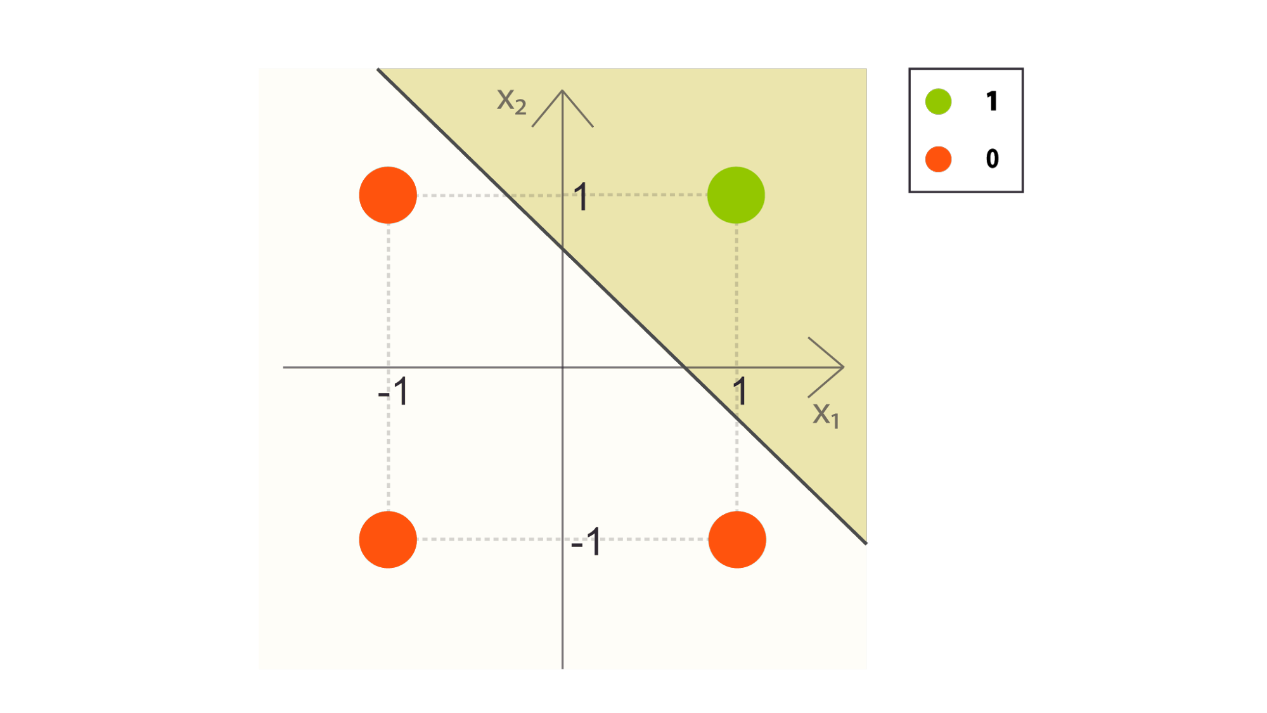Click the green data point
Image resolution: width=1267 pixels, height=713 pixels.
pyautogui.click(x=736, y=195)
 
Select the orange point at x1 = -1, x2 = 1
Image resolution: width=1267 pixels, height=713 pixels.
pyautogui.click(x=388, y=195)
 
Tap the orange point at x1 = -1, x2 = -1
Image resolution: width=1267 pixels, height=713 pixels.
pyautogui.click(x=388, y=539)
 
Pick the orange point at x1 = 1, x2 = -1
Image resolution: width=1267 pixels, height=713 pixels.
pyautogui.click(x=737, y=539)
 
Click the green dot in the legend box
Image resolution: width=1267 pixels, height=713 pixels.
pyautogui.click(x=938, y=101)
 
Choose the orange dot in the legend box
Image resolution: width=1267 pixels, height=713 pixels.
pyautogui.click(x=938, y=159)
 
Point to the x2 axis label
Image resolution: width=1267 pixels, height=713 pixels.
pyautogui.click(x=511, y=101)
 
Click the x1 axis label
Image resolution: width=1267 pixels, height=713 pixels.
pyautogui.click(x=826, y=415)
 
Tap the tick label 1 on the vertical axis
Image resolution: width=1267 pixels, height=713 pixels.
pyautogui.click(x=581, y=197)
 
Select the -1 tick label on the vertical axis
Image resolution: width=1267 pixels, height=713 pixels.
pyautogui.click(x=586, y=543)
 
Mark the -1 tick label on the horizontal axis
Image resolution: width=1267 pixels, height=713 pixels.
pyautogui.click(x=394, y=392)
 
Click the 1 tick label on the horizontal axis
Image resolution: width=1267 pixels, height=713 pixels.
pyautogui.click(x=740, y=392)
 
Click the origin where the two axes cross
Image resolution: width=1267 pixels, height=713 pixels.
pyautogui.click(x=562, y=367)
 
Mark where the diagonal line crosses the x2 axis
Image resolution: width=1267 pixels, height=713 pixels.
pyautogui.click(x=562, y=248)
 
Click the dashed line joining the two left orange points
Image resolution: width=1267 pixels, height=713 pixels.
pyautogui.click(x=389, y=367)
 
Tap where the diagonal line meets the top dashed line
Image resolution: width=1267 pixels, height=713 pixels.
pyautogui.click(x=508, y=195)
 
